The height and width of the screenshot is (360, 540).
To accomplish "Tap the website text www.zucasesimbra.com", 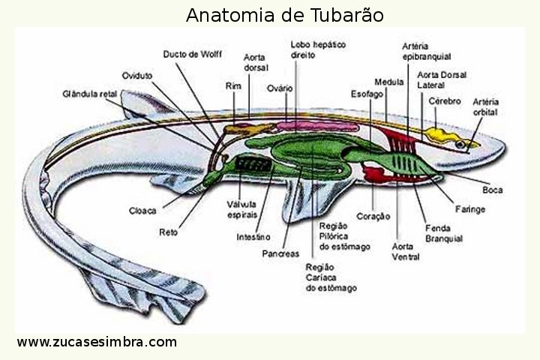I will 97,342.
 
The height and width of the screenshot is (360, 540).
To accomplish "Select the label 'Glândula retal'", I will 89,94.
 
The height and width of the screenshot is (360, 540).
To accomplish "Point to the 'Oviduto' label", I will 137,75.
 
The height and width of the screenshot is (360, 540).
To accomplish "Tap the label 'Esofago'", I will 367,94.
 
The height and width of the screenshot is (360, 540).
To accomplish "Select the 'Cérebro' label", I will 444,100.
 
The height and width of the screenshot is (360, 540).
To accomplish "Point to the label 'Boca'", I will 493,190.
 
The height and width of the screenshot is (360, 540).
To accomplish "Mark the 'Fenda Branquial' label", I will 443,233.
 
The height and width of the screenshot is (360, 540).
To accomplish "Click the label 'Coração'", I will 373,216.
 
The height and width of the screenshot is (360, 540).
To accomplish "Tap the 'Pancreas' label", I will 280,253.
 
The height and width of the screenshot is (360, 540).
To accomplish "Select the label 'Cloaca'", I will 142,210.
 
